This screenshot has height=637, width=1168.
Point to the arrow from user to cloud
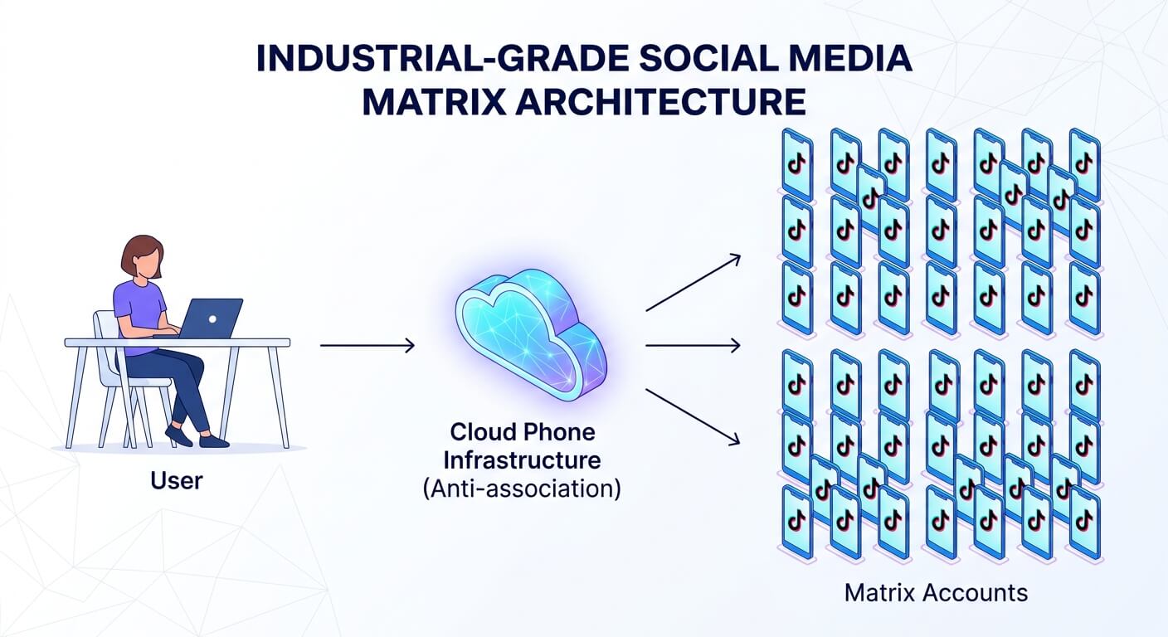coord(367,345)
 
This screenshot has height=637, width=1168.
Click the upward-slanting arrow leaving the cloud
coord(692,283)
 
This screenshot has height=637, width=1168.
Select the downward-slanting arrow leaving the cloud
coord(692,417)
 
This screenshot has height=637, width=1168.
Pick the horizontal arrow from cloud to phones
coord(692,345)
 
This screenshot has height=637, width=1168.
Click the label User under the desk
coord(177,479)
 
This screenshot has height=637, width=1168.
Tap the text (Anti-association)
coord(521,488)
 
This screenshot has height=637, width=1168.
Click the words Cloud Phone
coord(522,433)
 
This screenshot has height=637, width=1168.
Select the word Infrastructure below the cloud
coord(522,460)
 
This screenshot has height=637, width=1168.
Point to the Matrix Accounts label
coord(936,593)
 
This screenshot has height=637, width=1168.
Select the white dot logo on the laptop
coord(212,318)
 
